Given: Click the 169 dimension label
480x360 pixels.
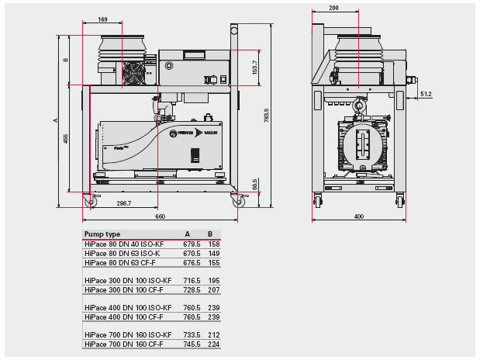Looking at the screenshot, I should point(104,19).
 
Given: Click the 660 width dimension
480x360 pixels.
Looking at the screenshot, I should point(161,216).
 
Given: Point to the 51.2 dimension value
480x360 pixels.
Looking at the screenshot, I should point(426,94).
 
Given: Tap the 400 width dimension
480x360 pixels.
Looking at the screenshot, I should point(358,216).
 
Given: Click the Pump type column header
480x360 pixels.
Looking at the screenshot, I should point(102,234).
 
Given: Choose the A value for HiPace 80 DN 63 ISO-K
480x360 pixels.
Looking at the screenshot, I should point(191,253).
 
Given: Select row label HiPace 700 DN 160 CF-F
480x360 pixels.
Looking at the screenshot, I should point(123,344).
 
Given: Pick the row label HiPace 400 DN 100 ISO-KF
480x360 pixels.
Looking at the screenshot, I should point(128,307).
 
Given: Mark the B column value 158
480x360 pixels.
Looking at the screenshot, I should point(214,244).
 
